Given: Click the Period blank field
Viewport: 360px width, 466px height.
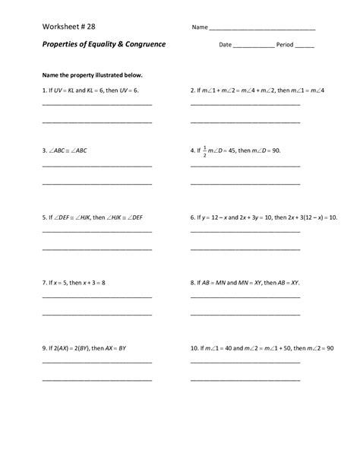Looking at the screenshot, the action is coord(304,46).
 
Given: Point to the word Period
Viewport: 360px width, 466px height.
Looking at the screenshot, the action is coord(285,45).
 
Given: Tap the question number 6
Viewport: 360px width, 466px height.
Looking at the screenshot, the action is coord(193,217).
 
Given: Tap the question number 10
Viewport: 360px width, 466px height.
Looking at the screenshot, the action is coord(194,348).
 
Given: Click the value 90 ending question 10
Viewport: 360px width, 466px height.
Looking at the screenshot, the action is coord(329,348).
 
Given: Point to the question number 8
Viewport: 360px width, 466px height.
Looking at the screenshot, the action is coord(193,282).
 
